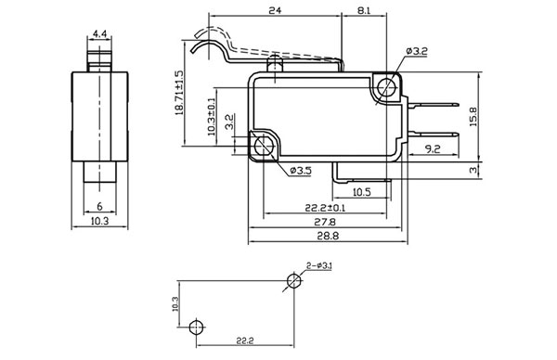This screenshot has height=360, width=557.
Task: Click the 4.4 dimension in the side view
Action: coord(99,34)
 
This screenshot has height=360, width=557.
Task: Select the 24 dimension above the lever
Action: coord(275,10)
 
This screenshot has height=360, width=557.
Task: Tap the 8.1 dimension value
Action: coord(364,10)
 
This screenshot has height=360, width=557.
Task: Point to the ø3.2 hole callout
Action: coord(417,51)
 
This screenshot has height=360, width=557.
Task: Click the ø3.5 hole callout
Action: coord(301,171)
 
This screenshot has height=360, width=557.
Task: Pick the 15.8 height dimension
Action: coord(473,117)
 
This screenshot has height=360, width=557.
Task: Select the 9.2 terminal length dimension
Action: coord(433,148)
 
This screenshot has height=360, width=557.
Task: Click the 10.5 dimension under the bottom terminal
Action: coord(362,192)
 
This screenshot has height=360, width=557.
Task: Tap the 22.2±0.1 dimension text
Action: coord(325,208)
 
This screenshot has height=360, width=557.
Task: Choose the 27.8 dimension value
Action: coord(325,222)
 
